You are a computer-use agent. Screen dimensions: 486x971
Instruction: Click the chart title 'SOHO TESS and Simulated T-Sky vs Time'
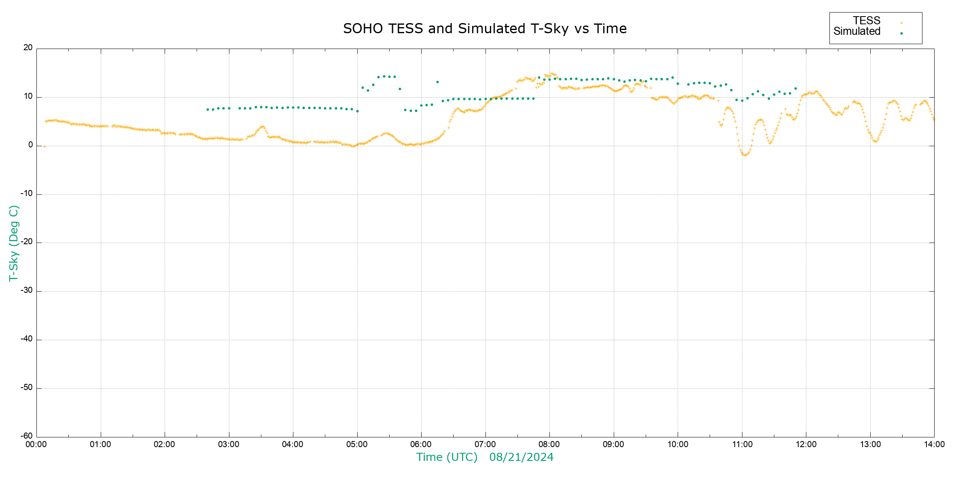(x=485, y=29)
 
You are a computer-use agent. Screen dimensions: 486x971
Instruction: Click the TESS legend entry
(x=867, y=21)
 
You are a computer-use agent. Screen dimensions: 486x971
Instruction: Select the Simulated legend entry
(x=857, y=32)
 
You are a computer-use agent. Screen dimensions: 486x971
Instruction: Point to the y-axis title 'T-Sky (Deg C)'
(x=14, y=243)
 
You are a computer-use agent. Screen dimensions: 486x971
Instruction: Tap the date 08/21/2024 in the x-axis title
(x=521, y=457)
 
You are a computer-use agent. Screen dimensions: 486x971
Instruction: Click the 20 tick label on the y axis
(x=28, y=48)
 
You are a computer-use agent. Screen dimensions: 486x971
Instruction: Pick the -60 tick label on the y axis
(x=27, y=436)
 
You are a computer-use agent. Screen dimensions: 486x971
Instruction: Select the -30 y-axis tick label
(x=27, y=291)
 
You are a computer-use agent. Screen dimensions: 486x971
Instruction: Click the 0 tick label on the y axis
(x=30, y=145)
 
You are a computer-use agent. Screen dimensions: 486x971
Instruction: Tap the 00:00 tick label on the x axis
(x=36, y=444)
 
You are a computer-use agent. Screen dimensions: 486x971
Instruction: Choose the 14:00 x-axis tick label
(x=934, y=444)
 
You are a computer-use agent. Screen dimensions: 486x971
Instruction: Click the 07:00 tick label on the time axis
(x=485, y=444)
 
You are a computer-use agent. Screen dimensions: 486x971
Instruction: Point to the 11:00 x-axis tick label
(x=742, y=444)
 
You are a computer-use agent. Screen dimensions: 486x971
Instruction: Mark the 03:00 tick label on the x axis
(x=229, y=444)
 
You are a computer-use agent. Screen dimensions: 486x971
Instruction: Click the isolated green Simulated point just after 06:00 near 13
(x=437, y=82)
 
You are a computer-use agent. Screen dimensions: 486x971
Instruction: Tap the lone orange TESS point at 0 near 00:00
(x=45, y=146)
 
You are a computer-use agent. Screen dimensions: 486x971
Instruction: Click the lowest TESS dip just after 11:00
(x=744, y=155)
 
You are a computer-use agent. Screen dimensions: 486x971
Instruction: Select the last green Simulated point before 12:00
(x=795, y=88)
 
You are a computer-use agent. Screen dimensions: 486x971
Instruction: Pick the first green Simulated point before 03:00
(x=208, y=109)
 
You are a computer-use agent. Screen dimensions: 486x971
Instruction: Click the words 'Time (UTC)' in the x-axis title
(x=447, y=457)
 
